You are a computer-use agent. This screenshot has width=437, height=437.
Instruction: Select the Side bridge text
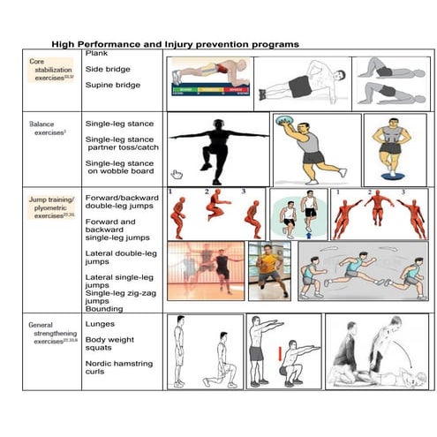[x=108, y=70]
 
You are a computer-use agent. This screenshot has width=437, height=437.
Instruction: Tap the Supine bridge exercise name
[x=113, y=86]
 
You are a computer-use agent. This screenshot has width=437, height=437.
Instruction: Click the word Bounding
[x=105, y=309]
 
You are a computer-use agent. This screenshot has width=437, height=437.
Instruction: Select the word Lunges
[x=100, y=324]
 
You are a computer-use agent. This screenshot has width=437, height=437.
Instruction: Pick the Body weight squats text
[x=109, y=344]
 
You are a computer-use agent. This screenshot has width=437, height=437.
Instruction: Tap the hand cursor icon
[x=177, y=174]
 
